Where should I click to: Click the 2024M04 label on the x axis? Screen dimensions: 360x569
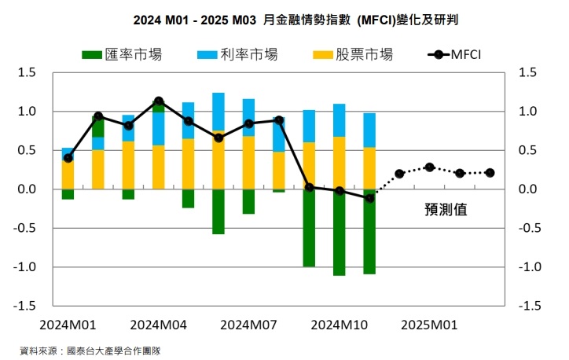pyautogui.click(x=158, y=325)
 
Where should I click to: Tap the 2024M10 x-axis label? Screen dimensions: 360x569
pyautogui.click(x=339, y=325)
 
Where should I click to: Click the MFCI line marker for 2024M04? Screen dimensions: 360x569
pyautogui.click(x=158, y=101)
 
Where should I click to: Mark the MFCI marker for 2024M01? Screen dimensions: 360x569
pyautogui.click(x=68, y=158)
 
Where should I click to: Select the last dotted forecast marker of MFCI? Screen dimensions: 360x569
pyautogui.click(x=490, y=172)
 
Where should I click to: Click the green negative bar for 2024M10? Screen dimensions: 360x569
pyautogui.click(x=339, y=232)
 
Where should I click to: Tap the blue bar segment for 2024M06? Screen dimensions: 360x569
pyautogui.click(x=218, y=112)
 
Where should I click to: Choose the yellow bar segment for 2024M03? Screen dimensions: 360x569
pyautogui.click(x=128, y=165)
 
